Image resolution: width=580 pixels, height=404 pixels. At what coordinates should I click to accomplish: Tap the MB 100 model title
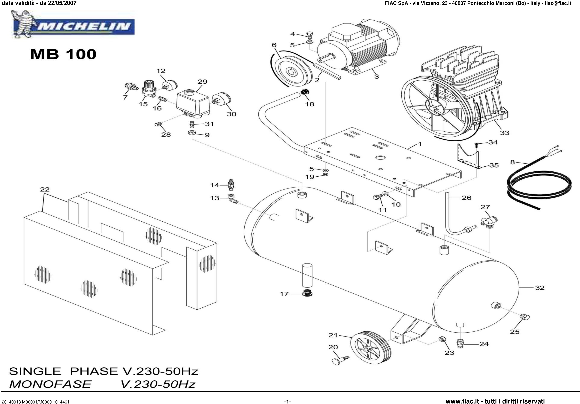pyautogui.click(x=63, y=54)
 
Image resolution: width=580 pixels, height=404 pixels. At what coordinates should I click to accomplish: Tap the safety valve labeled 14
pyautogui.click(x=231, y=185)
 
